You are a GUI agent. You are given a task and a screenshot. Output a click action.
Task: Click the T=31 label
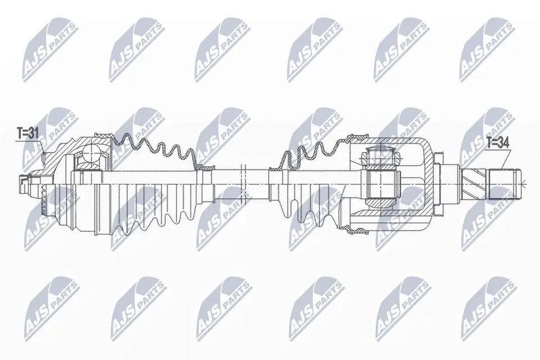(x=26, y=133)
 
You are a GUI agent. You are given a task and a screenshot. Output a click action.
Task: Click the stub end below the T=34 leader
(x=502, y=183)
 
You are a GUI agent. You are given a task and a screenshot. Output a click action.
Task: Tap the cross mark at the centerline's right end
(x=523, y=184)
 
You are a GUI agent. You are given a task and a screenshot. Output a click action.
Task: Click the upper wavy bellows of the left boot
(x=152, y=146)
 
